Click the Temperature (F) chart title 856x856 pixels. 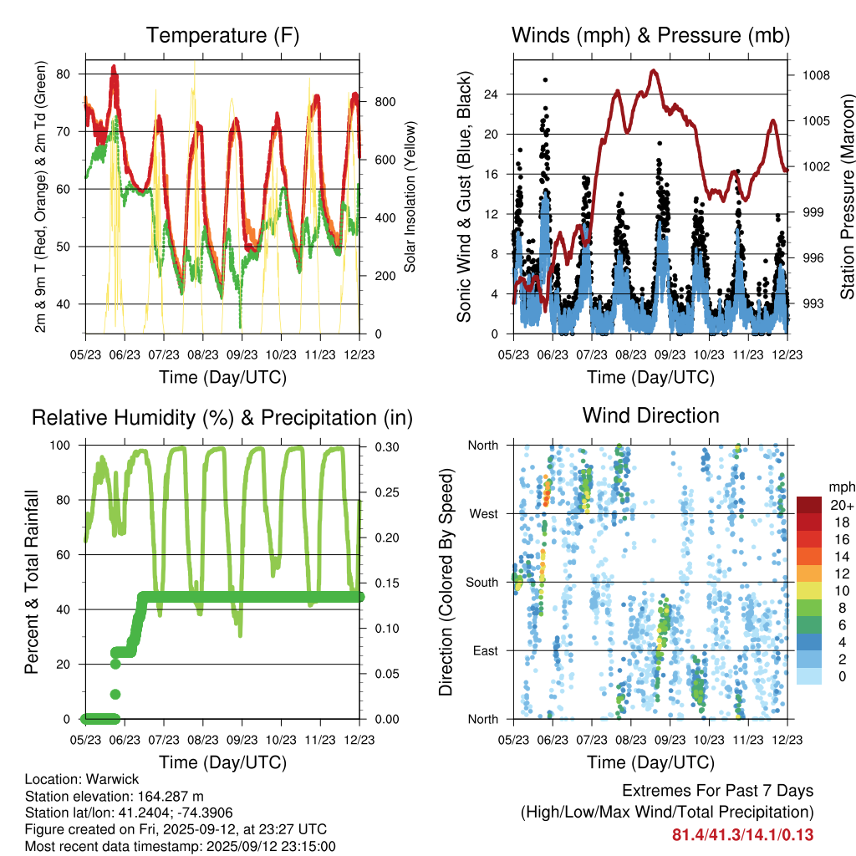click(x=222, y=35)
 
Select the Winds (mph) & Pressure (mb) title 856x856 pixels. click(x=650, y=35)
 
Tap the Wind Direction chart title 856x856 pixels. click(x=650, y=415)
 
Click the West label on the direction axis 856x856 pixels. click(x=484, y=513)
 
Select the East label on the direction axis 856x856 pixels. click(x=484, y=650)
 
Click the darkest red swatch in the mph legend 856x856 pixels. click(x=809, y=505)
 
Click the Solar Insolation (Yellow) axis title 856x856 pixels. click(x=410, y=197)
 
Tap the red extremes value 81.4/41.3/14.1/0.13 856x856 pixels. click(x=743, y=834)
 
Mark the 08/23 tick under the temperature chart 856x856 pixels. click(x=203, y=354)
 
